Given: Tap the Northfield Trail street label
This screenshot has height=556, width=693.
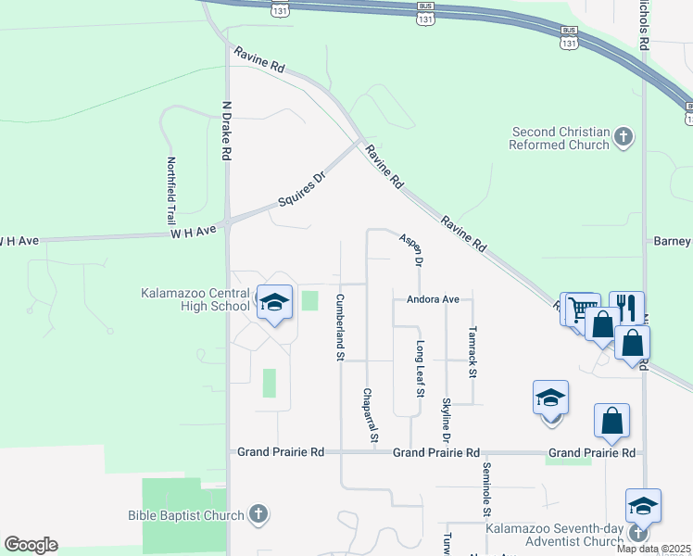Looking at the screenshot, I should [x=170, y=182].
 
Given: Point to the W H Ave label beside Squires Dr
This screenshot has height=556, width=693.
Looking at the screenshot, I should [x=193, y=232].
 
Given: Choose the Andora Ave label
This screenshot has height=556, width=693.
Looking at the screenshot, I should [x=433, y=300].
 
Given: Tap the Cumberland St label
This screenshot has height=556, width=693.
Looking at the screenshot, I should [x=340, y=327].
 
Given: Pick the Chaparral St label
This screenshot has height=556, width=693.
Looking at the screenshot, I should [x=371, y=414].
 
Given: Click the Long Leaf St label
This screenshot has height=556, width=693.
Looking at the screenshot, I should [x=420, y=369].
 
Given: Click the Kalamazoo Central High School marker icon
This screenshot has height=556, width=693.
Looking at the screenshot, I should [x=274, y=303].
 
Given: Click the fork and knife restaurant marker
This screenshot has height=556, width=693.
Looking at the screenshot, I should [x=626, y=307].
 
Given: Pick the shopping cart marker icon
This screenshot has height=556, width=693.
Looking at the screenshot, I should [x=581, y=310].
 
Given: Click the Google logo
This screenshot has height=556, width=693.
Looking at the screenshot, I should [x=31, y=545].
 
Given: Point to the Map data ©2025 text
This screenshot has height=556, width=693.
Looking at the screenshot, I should [x=654, y=549].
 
